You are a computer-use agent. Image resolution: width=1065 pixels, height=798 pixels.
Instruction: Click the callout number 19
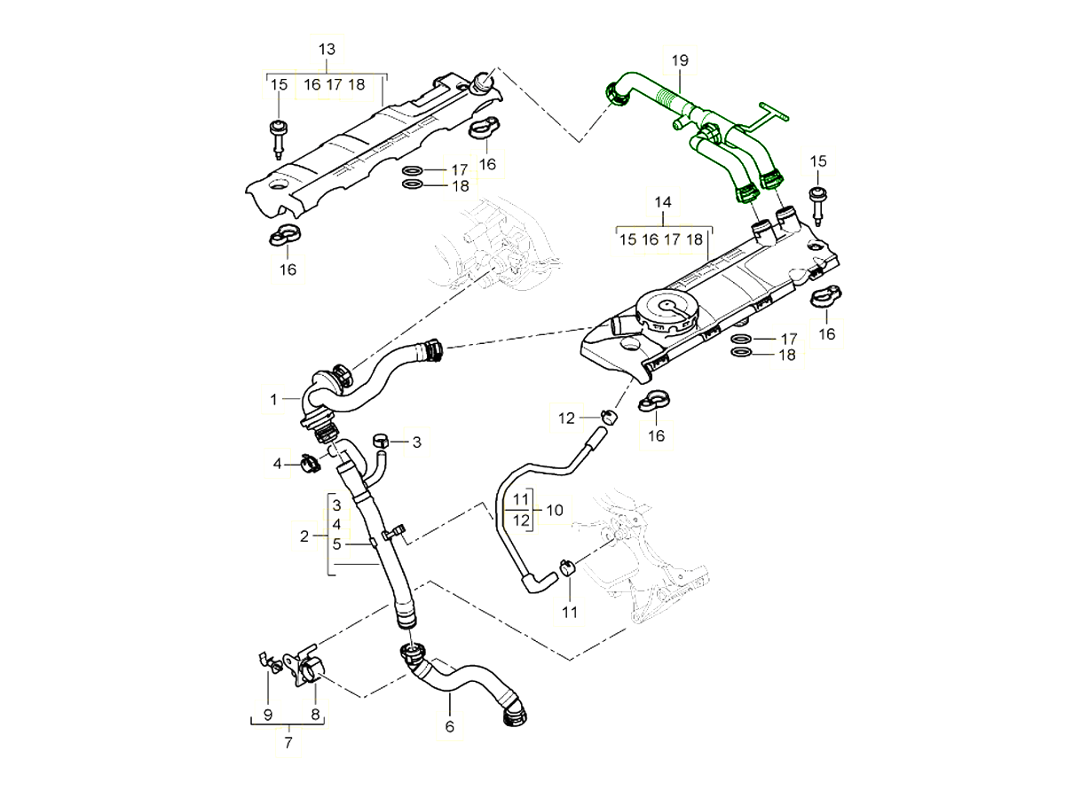click(x=680, y=61)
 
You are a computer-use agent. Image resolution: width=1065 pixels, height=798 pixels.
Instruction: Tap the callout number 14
click(x=662, y=203)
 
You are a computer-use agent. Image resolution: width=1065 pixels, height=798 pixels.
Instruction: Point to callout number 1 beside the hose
click(x=274, y=401)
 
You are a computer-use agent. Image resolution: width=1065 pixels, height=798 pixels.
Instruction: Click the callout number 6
click(x=449, y=726)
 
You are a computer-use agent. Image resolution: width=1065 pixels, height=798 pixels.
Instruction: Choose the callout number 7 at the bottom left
click(x=288, y=743)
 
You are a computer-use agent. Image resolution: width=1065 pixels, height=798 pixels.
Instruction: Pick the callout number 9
click(x=268, y=714)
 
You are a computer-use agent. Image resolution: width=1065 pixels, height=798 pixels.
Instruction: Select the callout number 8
click(x=314, y=714)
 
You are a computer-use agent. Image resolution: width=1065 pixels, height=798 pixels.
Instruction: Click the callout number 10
click(x=555, y=510)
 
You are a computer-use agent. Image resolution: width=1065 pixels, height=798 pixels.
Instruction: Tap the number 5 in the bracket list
click(x=336, y=543)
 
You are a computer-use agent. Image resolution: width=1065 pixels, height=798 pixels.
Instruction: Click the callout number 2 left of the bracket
click(x=304, y=536)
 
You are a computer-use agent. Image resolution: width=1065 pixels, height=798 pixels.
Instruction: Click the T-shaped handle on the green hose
click(x=769, y=113)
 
